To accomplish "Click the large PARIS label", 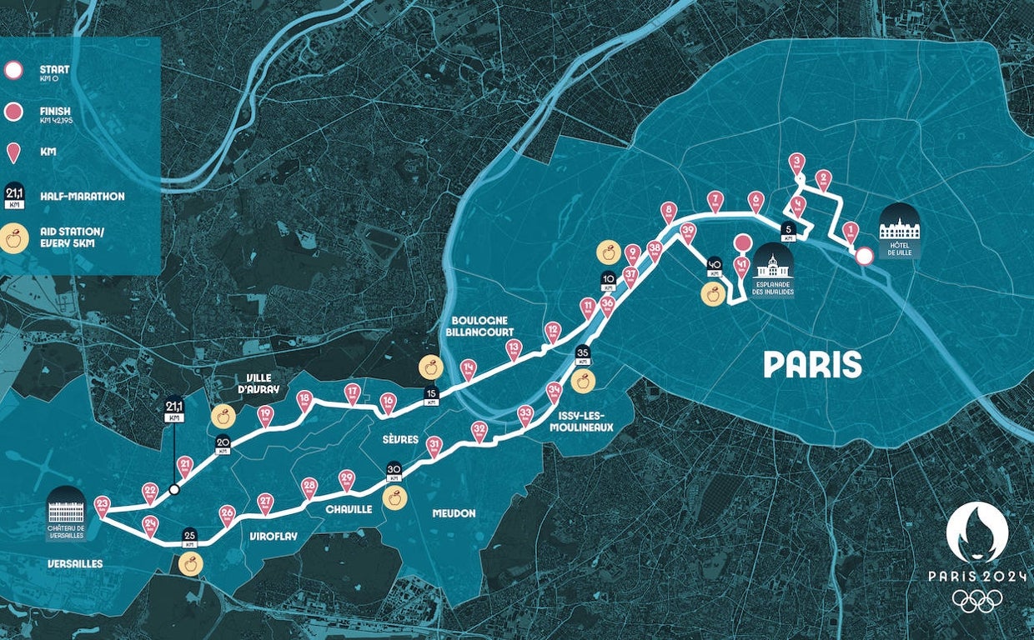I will point(812,364).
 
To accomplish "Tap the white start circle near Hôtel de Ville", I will point(865,257).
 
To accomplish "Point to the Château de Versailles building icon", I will point(67,510).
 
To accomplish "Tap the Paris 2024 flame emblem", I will point(976,532).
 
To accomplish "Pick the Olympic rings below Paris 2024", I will point(976,601).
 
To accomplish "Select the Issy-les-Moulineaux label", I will point(583,421).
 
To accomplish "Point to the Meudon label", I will point(454,513).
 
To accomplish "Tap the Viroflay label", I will point(274,537).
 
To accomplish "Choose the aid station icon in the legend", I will point(14,239).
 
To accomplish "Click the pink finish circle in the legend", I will point(13,112).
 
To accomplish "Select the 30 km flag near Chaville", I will point(394,472).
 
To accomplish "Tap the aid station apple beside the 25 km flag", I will point(190,564).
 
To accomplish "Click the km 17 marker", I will point(353,392).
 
